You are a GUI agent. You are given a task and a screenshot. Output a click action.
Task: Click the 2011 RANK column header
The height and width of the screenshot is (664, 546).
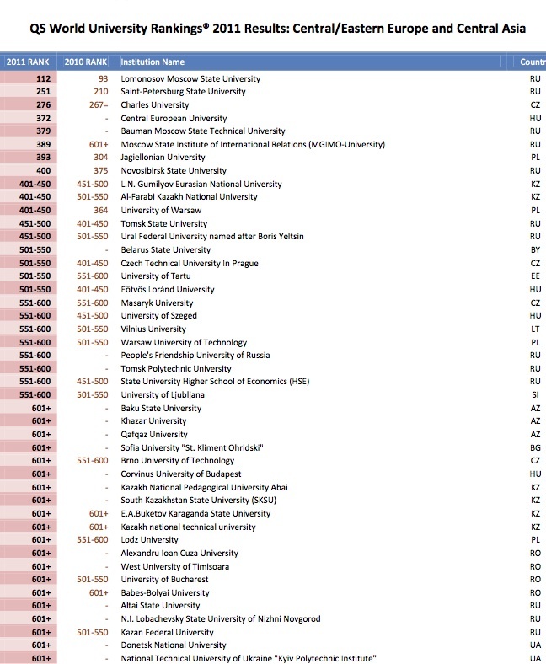pyautogui.click(x=28, y=62)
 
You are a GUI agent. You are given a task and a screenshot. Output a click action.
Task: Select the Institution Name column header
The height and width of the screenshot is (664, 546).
pyautogui.click(x=153, y=62)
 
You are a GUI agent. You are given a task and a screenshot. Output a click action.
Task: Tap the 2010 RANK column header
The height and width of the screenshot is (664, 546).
pyautogui.click(x=85, y=62)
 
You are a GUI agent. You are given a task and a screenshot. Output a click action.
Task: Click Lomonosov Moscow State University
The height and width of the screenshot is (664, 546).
pyautogui.click(x=190, y=78)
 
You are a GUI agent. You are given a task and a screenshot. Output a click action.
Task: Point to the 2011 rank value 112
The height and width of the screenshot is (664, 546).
pyautogui.click(x=44, y=78)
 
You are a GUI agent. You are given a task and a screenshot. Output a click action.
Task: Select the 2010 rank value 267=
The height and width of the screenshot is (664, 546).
pyautogui.click(x=97, y=105)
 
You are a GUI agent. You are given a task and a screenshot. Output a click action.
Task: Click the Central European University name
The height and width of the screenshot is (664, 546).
pyautogui.click(x=174, y=118)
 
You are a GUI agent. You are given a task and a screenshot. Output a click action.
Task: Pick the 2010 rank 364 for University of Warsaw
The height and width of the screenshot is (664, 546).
pyautogui.click(x=100, y=211)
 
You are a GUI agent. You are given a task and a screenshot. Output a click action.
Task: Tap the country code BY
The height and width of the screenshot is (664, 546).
pyautogui.click(x=535, y=250)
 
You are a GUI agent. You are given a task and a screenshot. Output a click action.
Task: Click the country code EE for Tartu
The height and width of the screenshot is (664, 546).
pyautogui.click(x=535, y=276)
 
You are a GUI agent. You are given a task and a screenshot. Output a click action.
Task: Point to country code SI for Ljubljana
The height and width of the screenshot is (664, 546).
pyautogui.click(x=536, y=394)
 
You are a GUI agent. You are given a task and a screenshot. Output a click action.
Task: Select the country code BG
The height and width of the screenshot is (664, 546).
pyautogui.click(x=535, y=447)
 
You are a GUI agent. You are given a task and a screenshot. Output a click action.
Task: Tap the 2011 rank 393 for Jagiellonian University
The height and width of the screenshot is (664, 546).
pyautogui.click(x=44, y=158)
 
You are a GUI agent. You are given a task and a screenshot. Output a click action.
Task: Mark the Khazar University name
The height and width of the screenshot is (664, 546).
pyautogui.click(x=153, y=420)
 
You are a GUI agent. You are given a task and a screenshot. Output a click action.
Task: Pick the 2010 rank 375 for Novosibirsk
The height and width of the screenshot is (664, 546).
pyautogui.click(x=100, y=171)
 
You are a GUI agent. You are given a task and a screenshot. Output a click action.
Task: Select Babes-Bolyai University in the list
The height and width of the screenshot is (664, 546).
pyautogui.click(x=165, y=592)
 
